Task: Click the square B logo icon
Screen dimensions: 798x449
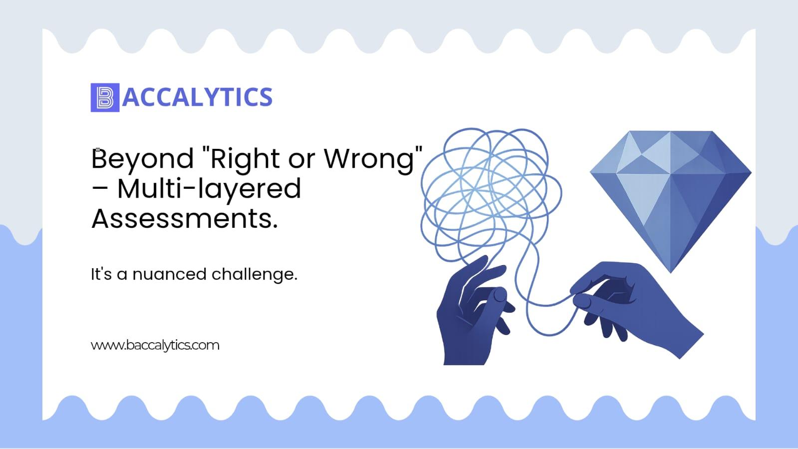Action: click(105, 97)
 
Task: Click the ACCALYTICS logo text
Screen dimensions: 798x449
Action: click(197, 97)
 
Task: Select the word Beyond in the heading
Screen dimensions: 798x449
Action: click(143, 159)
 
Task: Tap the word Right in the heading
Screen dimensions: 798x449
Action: click(245, 159)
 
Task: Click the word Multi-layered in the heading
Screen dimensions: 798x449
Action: click(210, 189)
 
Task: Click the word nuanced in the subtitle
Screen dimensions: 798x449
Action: click(170, 274)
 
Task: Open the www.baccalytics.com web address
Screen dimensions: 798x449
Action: click(155, 345)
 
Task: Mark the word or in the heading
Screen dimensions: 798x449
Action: click(302, 160)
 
